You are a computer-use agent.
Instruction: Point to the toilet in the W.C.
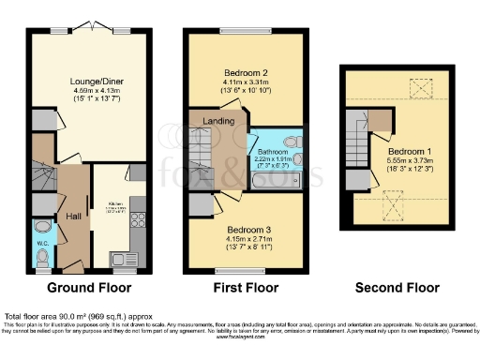pos(42,230)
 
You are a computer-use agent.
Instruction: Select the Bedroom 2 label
pos(247,72)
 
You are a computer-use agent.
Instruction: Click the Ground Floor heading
pos(89,288)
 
